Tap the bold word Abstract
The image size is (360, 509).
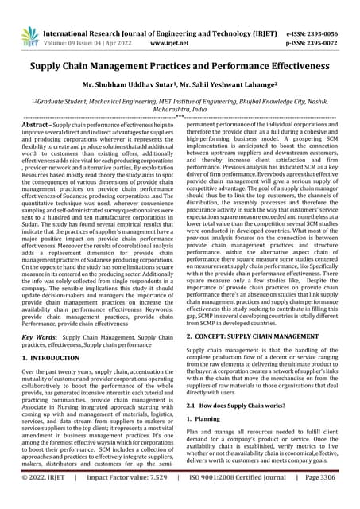[38, 126]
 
